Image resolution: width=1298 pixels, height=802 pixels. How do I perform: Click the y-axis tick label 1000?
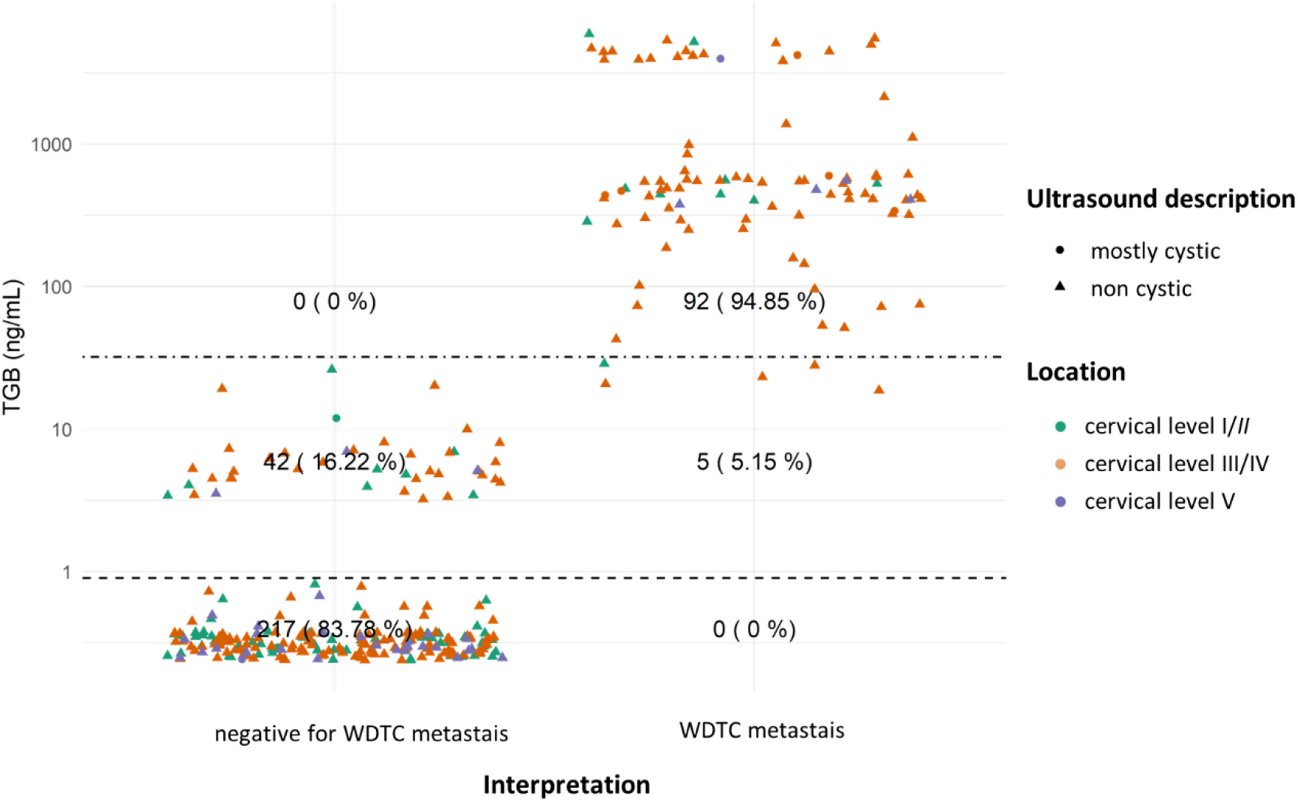click(51, 144)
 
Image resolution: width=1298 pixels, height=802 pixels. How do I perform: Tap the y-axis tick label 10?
click(61, 430)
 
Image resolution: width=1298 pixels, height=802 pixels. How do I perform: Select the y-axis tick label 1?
click(66, 572)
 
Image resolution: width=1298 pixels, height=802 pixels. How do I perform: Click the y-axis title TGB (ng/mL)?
click(12, 347)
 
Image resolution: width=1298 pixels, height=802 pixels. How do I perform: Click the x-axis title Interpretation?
click(566, 784)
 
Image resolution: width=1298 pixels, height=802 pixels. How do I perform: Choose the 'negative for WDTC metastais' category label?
click(361, 734)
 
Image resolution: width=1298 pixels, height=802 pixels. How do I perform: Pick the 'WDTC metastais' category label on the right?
click(762, 730)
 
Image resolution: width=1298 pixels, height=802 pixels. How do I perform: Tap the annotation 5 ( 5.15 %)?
click(754, 462)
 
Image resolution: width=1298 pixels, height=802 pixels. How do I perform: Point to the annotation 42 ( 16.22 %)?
click(334, 462)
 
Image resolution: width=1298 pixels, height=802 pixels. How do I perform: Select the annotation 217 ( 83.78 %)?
click(334, 629)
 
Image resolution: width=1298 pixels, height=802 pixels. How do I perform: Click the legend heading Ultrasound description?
click(1160, 199)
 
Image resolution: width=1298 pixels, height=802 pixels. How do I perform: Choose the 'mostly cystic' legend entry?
click(1155, 251)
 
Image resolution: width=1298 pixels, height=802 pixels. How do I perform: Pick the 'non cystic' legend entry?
click(1141, 289)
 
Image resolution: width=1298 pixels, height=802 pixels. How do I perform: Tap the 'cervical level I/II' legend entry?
click(1166, 426)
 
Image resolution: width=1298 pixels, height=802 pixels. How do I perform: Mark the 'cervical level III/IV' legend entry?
click(1176, 464)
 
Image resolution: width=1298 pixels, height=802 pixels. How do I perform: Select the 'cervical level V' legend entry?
click(1159, 501)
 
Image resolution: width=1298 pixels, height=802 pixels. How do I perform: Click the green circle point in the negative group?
click(336, 418)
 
